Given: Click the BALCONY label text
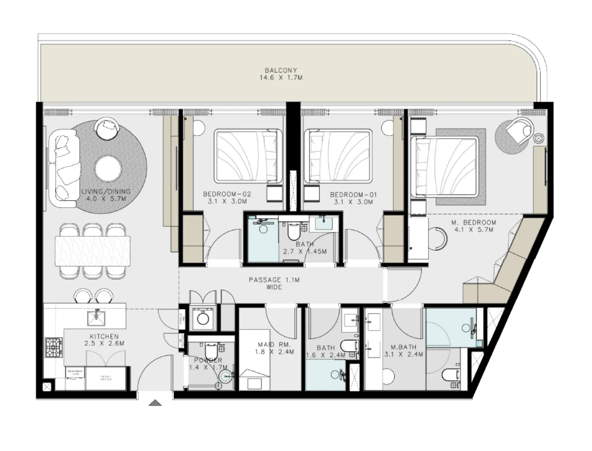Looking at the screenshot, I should pos(281,70).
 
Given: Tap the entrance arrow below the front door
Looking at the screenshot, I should pos(154,402).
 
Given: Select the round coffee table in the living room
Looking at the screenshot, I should pos(108,167).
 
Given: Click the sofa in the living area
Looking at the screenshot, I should pos(63,170).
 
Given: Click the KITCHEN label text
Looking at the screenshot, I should pos(104,337).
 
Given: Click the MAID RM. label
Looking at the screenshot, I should pos(274,345).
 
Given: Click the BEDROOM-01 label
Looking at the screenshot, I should pos(353,194).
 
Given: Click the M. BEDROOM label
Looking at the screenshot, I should pos(473,223).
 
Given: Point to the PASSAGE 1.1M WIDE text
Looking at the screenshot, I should pos(274,283).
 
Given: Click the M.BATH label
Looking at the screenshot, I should pos(400,347).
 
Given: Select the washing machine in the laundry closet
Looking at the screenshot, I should pos(203,317).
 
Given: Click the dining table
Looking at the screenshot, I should pos(92,251).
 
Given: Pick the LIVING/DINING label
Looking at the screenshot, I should pos(106,191).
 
